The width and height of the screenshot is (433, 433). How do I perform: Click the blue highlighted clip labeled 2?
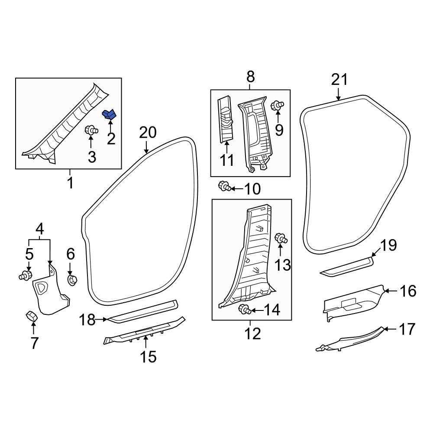pos(109,114)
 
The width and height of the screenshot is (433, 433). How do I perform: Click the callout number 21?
pos(339,80)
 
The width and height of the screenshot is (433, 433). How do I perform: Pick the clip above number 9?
pos(277,105)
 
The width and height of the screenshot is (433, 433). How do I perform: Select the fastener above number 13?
pos(281,238)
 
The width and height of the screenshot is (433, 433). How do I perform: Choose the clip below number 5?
pos(26,275)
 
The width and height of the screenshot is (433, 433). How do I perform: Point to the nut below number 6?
pos(72,280)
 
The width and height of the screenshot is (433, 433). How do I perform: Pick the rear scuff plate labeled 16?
pos(353,303)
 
